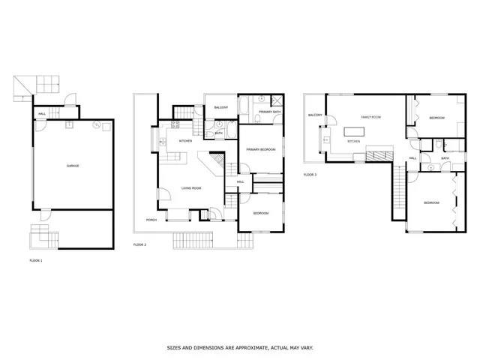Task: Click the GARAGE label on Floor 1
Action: [x=73, y=166]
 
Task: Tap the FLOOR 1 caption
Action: [x=36, y=260]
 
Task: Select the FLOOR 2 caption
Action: [x=139, y=244]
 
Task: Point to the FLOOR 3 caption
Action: [x=310, y=175]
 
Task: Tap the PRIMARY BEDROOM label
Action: [x=262, y=150]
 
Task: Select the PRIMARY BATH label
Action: [x=270, y=112]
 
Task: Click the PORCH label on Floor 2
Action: [x=151, y=220]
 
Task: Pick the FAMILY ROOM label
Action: [x=372, y=118]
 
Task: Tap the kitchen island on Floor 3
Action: [x=355, y=132]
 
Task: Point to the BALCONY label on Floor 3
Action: [x=314, y=115]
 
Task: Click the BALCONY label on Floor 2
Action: [x=220, y=107]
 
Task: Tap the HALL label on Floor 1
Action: [x=42, y=113]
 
